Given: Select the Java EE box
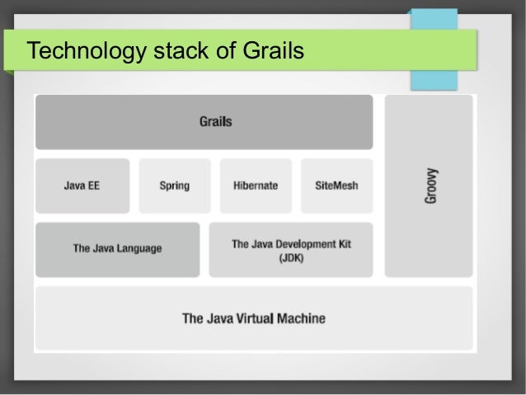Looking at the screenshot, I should pos(82,186).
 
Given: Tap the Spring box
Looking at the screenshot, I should pos(174,186).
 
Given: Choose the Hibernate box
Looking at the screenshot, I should pos(256,186).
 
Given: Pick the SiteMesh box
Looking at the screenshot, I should pos(336,186).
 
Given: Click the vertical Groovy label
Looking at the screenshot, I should pos(431,186).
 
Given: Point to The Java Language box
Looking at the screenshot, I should pos(117,248).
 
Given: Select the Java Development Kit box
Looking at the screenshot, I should pos(290,249).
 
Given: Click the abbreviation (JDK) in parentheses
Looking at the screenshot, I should pos(291,257).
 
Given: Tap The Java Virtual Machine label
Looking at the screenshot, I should pos(253,318).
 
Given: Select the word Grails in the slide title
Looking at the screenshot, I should pos(275,52).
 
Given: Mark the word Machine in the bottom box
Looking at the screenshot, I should pos(301,318).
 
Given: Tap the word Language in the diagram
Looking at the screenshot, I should pos(139,248).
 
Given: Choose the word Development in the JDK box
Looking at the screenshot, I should pos(306,244).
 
